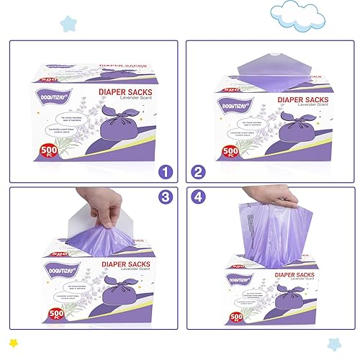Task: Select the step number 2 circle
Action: click(x=197, y=171)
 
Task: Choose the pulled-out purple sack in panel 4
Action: click(x=274, y=230)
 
